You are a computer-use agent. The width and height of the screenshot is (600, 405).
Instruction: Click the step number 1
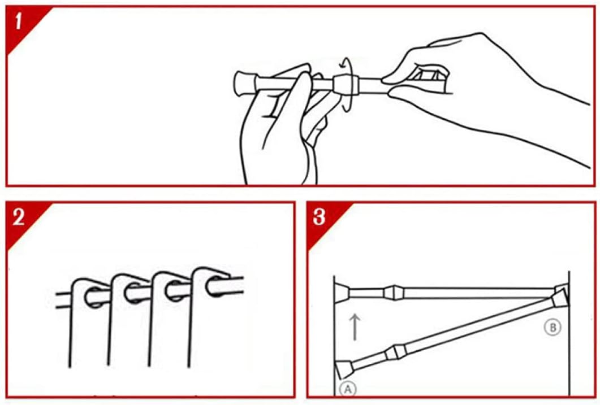click(18, 21)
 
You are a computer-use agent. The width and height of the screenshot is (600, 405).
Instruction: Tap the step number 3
click(319, 217)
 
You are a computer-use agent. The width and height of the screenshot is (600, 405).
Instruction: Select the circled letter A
click(348, 389)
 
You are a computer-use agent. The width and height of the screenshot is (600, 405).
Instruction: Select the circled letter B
click(552, 327)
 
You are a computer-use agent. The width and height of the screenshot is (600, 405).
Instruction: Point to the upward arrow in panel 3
click(355, 326)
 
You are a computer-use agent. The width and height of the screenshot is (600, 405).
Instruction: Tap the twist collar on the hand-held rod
click(346, 85)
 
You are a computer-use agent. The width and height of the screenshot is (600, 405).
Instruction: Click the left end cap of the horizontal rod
click(342, 293)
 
